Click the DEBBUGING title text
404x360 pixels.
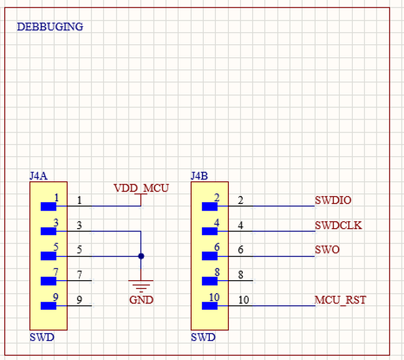coord(50,27)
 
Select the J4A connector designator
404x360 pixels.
coord(38,175)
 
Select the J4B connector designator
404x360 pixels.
coord(199,175)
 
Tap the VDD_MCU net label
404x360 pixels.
coord(140,188)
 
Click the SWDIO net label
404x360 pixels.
coord(333,200)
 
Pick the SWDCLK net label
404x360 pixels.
coord(338,226)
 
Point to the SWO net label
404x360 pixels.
coord(327,251)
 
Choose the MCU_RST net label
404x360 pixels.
coord(341,300)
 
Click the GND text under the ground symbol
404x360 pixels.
coord(140,300)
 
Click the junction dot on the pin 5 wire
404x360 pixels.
coord(140,256)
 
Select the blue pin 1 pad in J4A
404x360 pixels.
coord(49,206)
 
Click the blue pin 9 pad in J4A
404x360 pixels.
coord(49,306)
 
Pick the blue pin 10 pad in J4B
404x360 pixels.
coord(210,306)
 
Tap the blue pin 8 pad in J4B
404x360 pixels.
coord(210,281)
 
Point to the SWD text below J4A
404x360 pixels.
coord(41,337)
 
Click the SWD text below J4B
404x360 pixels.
coord(202,337)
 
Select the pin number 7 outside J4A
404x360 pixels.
coord(80,276)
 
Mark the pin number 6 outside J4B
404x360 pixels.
coord(241,251)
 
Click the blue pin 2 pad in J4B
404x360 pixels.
coord(210,206)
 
